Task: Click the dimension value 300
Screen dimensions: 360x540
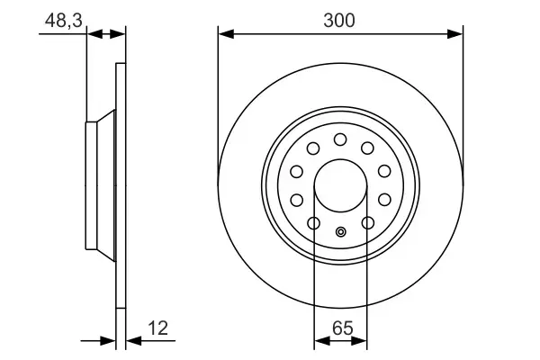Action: point(341,19)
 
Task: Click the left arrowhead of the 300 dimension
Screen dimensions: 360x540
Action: point(224,34)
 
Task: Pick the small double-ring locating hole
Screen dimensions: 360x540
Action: point(340,232)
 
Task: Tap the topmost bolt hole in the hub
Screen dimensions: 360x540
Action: point(340,139)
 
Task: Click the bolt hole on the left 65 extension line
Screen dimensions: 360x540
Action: point(313,221)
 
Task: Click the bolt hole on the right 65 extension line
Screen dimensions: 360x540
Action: point(367,221)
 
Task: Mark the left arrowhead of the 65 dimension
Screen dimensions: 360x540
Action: point(319,341)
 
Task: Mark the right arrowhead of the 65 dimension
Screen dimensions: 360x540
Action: point(362,341)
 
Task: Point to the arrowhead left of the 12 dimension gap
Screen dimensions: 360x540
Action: point(112,341)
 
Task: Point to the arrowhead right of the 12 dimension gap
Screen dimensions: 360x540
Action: point(131,341)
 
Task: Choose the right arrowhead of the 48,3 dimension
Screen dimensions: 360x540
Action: point(121,34)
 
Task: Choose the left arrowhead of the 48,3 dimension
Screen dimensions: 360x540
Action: point(92,34)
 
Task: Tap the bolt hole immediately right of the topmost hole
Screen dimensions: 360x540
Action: point(367,148)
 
